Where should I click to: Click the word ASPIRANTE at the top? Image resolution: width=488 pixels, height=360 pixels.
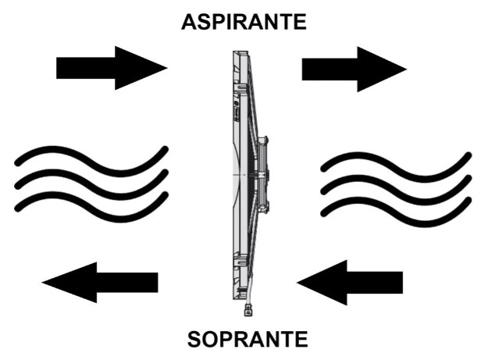pyautogui.click(x=244, y=22)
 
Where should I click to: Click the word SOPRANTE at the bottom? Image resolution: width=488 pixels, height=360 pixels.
pyautogui.click(x=248, y=340)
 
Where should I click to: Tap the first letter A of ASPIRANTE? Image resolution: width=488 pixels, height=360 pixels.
pyautogui.click(x=189, y=23)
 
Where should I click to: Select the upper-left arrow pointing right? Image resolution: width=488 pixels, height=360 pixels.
pyautogui.click(x=112, y=68)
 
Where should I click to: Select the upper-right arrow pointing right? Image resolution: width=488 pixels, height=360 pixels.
pyautogui.click(x=354, y=69)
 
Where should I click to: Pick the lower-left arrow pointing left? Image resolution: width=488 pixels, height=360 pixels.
pyautogui.click(x=100, y=283)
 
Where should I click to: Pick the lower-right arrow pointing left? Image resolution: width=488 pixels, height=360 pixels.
pyautogui.click(x=350, y=283)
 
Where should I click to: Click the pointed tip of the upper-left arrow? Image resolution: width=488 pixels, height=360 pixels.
pyautogui.click(x=167, y=68)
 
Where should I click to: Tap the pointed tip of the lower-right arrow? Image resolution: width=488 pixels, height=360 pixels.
pyautogui.click(x=297, y=283)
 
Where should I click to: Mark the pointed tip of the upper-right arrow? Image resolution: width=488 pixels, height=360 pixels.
pyautogui.click(x=407, y=69)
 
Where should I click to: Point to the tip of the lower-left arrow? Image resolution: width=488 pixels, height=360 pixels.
pyautogui.click(x=42, y=283)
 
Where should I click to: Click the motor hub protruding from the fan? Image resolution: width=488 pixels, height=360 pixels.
pyautogui.click(x=262, y=175)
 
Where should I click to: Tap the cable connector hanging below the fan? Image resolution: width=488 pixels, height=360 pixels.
pyautogui.click(x=248, y=310)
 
